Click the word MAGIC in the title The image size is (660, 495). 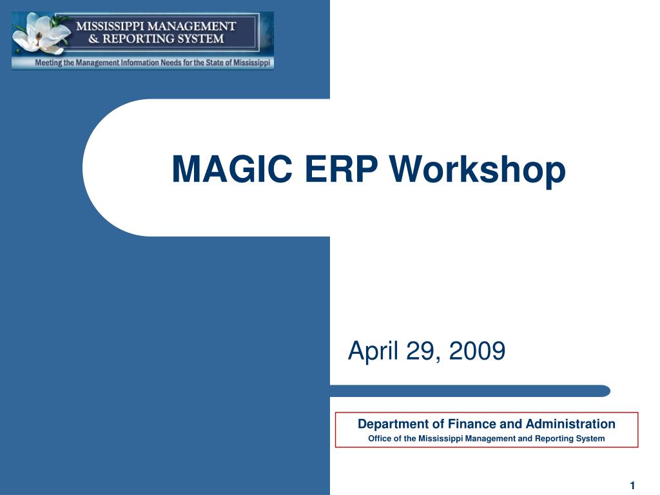232,169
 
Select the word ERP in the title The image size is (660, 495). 341,169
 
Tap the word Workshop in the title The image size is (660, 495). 478,171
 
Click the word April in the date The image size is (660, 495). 373,351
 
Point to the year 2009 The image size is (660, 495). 478,351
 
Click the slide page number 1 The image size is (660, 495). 632,485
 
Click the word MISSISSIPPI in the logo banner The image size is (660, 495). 110,26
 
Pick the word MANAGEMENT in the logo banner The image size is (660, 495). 192,26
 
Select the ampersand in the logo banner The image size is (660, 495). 94,39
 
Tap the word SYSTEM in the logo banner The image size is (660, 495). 204,39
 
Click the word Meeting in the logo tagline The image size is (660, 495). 48,63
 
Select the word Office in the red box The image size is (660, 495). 380,438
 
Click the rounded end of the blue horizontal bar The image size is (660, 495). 606,391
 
